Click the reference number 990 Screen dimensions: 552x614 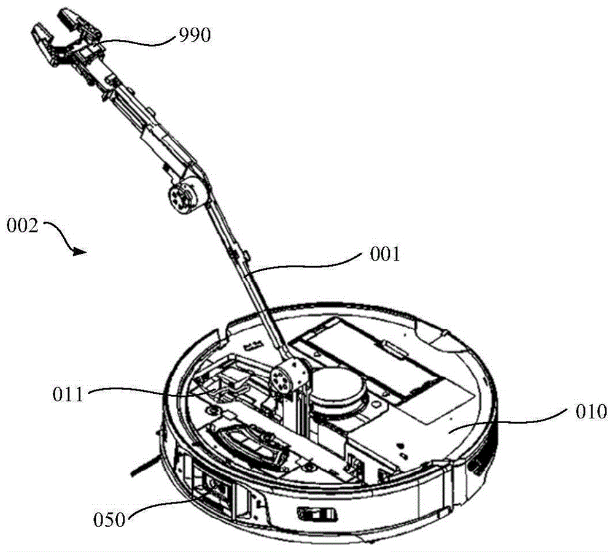196,36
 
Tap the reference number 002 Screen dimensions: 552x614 23,226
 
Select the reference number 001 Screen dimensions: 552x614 384,253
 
